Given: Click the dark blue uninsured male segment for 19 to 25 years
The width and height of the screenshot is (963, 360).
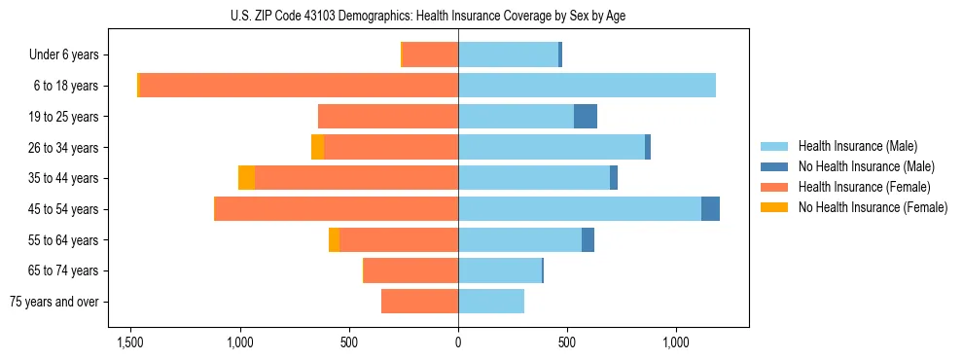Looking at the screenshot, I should point(586,117).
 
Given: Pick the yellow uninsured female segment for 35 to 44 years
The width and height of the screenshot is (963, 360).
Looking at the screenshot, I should point(247,178).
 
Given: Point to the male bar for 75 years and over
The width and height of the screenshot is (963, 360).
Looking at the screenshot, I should point(491,302).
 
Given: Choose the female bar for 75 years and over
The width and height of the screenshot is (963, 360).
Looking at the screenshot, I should point(419,302).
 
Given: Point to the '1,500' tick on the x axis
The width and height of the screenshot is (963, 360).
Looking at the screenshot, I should point(131,342).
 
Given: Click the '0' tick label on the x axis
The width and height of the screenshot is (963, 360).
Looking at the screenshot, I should point(458,342).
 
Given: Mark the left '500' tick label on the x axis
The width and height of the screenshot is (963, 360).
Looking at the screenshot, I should point(349,342).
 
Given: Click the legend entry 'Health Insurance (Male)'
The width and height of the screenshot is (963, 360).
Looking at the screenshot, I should point(857,146).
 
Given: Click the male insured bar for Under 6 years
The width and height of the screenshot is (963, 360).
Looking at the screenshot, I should point(508,54).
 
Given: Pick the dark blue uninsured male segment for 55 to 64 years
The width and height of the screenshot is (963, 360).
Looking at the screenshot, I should point(588,239).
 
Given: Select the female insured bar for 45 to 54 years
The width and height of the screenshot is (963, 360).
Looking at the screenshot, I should point(336,208).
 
